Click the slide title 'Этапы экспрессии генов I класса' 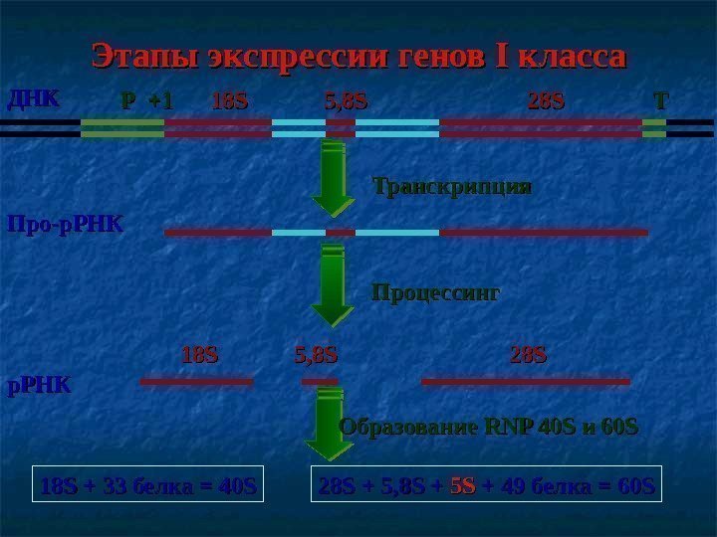point(358,56)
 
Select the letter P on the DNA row point(127,101)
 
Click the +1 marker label point(159,101)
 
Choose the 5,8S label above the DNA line point(347,101)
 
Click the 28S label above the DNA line point(545,101)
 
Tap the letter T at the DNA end point(660,101)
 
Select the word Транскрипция point(451,186)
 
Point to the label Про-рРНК point(66,224)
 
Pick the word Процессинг point(435,293)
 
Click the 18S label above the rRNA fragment point(200,354)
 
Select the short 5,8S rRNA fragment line point(320,381)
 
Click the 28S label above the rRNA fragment point(529,354)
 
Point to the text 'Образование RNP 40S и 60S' point(488,428)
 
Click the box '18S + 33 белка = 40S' point(148,486)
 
